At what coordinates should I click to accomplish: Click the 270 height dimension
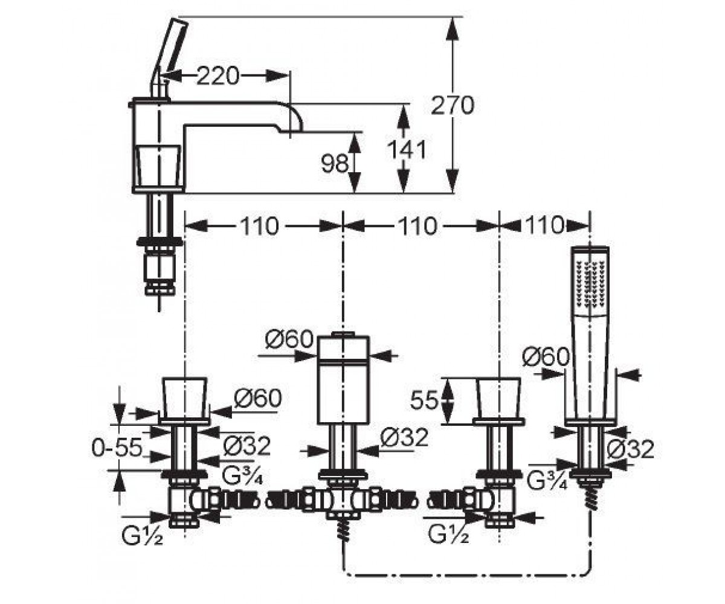pos(453,106)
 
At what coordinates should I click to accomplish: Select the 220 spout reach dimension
pos(218,76)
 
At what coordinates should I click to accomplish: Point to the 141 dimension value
pos(407,150)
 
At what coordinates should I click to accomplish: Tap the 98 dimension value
pos(335,164)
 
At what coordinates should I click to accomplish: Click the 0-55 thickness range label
pos(117,448)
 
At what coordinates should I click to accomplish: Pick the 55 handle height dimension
pos(424,400)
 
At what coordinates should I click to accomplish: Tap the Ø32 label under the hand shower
pos(631,449)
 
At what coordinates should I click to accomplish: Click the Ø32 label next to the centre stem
pos(404,437)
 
